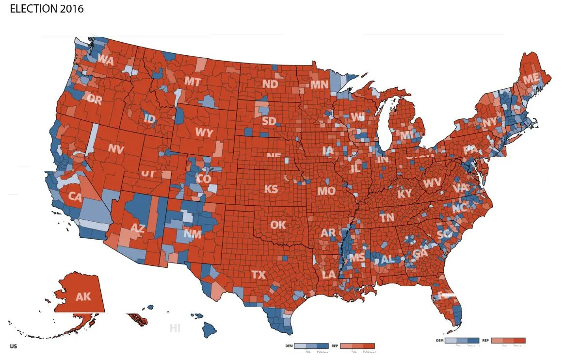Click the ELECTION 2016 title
pyautogui.click(x=47, y=9)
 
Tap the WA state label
pyautogui.click(x=105, y=60)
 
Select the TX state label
pyautogui.click(x=258, y=275)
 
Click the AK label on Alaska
pyautogui.click(x=83, y=296)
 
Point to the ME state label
pyautogui.click(x=531, y=79)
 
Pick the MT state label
pyautogui.click(x=192, y=82)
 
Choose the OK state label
pyautogui.click(x=278, y=225)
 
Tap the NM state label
pyautogui.click(x=193, y=234)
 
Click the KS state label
pyautogui.click(x=271, y=189)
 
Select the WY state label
pyautogui.click(x=204, y=132)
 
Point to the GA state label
pyautogui.click(x=420, y=254)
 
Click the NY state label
pyautogui.click(x=489, y=122)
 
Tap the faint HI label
pyautogui.click(x=175, y=328)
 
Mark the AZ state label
pyautogui.click(x=137, y=228)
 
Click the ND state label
pyautogui.click(x=270, y=84)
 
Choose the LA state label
pyautogui.click(x=328, y=275)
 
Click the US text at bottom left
pyautogui.click(x=13, y=346)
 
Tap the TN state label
pyautogui.click(x=387, y=218)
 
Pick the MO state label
pyautogui.click(x=326, y=191)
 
